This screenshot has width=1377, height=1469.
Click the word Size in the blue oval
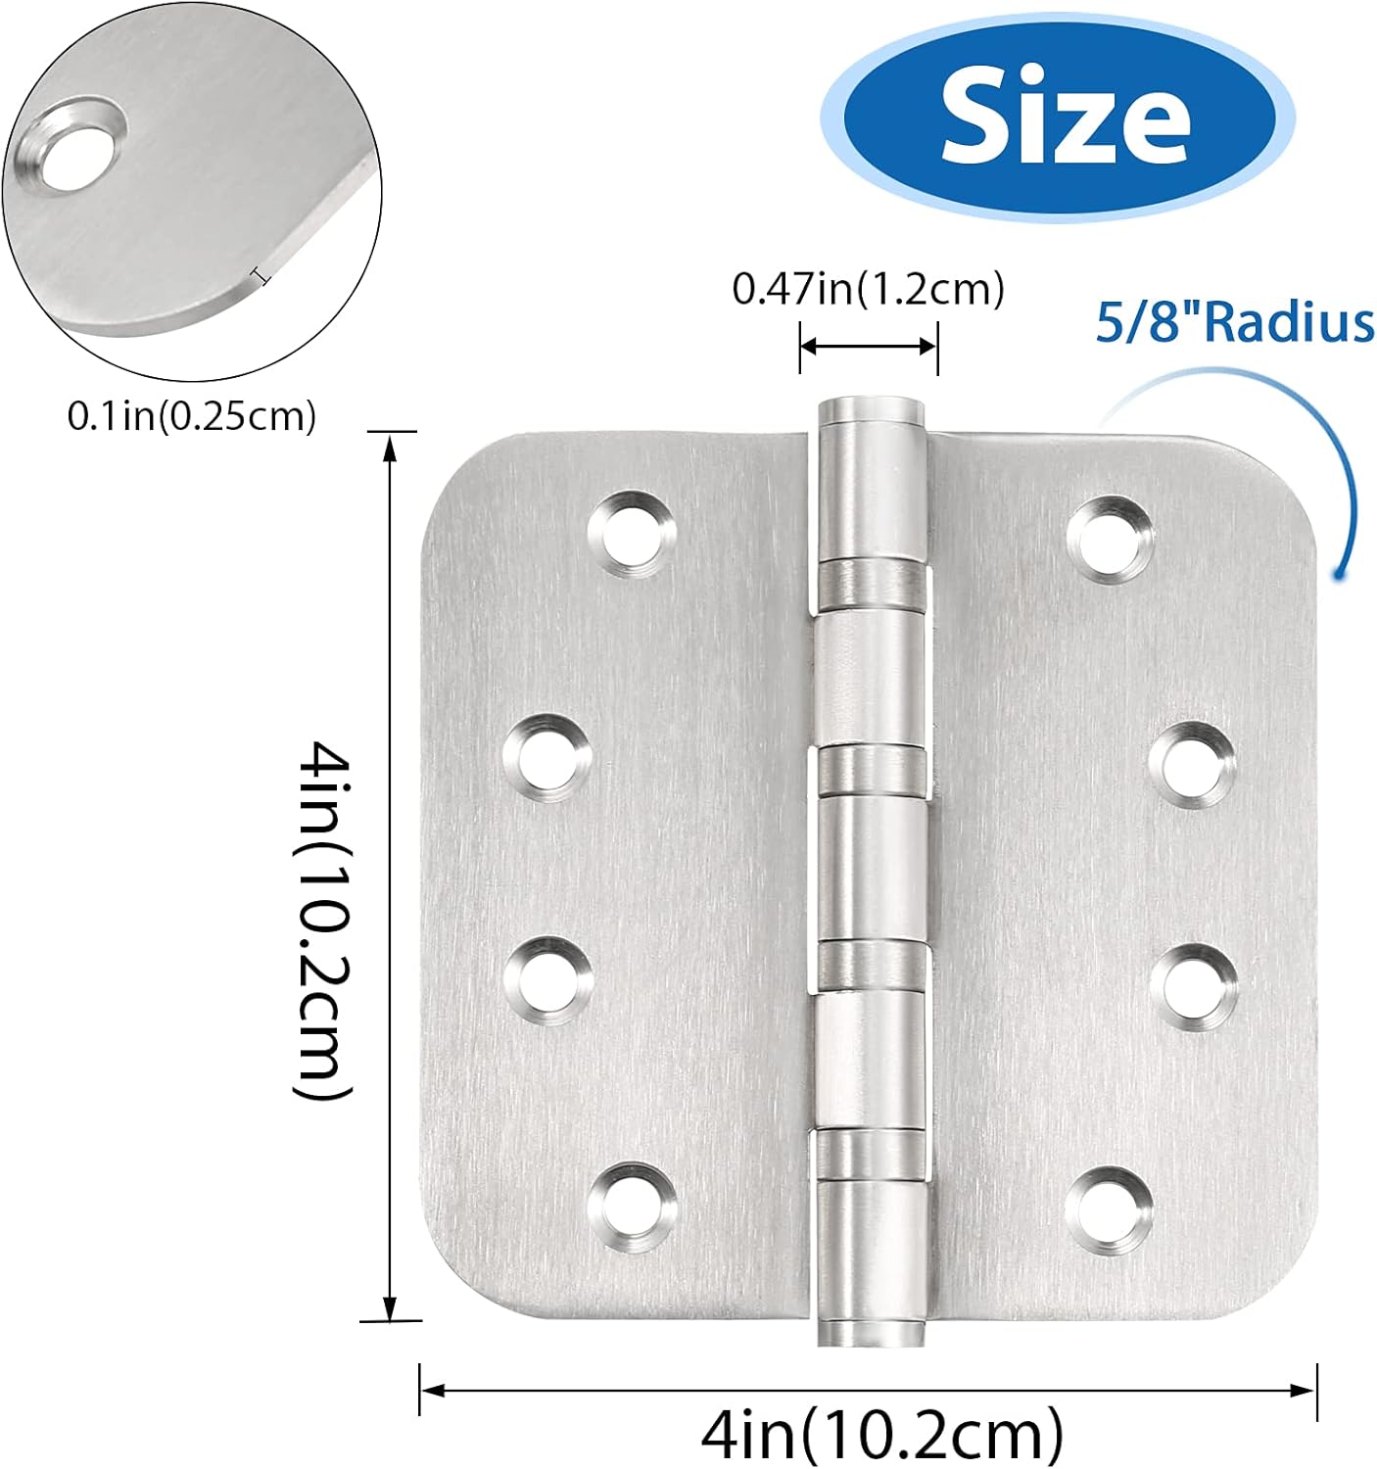point(1065,118)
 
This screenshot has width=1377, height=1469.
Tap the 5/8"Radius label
point(1234,322)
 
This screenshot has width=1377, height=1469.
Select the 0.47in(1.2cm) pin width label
point(868,289)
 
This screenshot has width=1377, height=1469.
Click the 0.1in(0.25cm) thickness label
point(192,416)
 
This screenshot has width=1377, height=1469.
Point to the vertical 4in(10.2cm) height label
point(323,921)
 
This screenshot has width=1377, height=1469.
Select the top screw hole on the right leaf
point(1110,538)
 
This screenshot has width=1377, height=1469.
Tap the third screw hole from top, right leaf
point(1193,984)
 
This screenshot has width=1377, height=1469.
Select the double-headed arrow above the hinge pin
point(869,346)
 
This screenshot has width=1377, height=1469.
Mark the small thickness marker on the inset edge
point(261,277)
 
